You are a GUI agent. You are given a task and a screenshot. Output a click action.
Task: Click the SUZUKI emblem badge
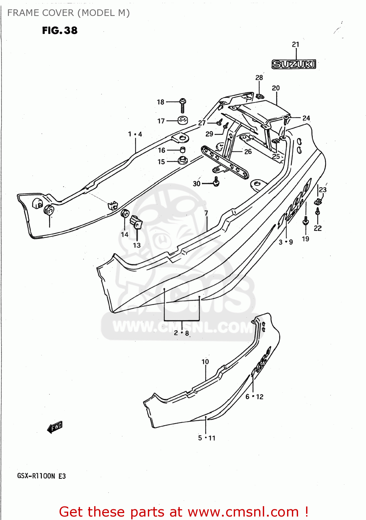(x=294, y=64)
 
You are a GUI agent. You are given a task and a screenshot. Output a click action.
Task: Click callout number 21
(x=295, y=44)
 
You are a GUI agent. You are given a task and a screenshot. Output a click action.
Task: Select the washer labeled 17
(x=182, y=121)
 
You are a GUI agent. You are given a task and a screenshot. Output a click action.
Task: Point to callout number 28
(x=259, y=78)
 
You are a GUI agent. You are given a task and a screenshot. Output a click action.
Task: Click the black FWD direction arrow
(x=55, y=427)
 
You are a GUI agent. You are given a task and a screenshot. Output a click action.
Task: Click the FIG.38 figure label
(x=60, y=31)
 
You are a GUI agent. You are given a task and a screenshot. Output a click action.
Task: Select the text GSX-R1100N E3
(x=42, y=476)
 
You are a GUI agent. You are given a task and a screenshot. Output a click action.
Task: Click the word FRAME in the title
(x=20, y=13)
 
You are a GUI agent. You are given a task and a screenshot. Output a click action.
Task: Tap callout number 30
(x=197, y=183)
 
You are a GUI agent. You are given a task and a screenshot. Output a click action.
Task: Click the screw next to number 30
(x=216, y=182)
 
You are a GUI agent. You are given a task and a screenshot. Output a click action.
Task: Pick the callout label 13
(x=137, y=245)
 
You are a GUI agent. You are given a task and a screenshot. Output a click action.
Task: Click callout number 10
(x=205, y=362)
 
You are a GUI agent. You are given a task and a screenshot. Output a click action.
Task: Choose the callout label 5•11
(x=207, y=438)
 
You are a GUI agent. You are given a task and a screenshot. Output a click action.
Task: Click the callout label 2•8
(x=181, y=333)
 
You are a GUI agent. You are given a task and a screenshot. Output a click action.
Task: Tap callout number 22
(x=318, y=228)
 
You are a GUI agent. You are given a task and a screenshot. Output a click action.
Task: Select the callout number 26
(x=248, y=151)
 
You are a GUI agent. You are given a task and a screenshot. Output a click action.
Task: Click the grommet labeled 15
(x=182, y=161)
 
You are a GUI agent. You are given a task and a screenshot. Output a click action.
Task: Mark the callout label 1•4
(x=135, y=134)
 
